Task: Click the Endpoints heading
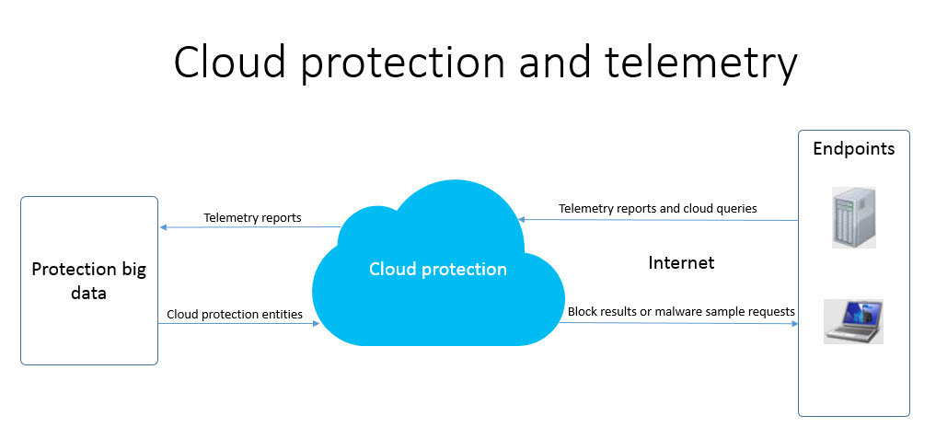coord(853,148)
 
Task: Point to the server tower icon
coord(853,217)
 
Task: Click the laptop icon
coord(853,321)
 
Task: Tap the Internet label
coord(681,263)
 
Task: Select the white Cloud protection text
coord(438,270)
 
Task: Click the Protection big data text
coord(88,281)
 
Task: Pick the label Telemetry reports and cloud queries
coord(657,209)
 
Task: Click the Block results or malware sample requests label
coord(681,312)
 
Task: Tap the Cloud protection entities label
coord(235,315)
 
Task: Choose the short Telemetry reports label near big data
coord(252,218)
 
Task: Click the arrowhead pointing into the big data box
coord(163,227)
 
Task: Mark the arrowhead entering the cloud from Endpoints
coord(522,219)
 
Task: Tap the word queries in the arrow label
coord(735,209)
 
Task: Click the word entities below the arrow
coord(281,315)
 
